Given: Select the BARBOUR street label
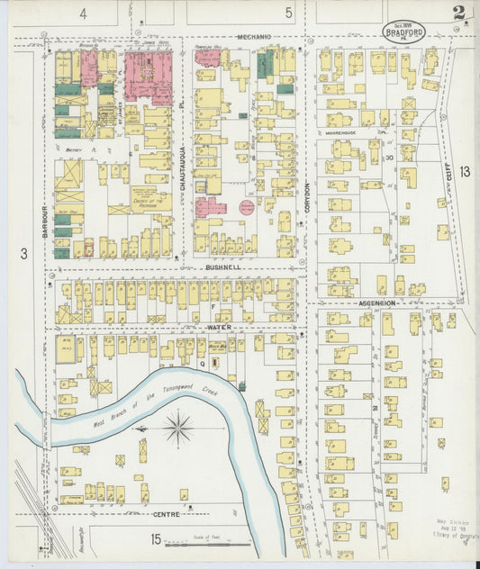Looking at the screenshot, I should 42,217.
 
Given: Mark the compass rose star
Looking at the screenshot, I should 178,427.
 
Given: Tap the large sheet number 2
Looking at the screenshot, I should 459,13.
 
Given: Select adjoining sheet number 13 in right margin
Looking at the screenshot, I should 464,171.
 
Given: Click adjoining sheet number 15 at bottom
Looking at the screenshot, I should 156,539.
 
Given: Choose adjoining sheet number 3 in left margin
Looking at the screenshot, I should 24,255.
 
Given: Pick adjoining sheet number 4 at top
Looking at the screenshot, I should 83,13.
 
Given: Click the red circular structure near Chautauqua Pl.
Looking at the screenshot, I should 247,207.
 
